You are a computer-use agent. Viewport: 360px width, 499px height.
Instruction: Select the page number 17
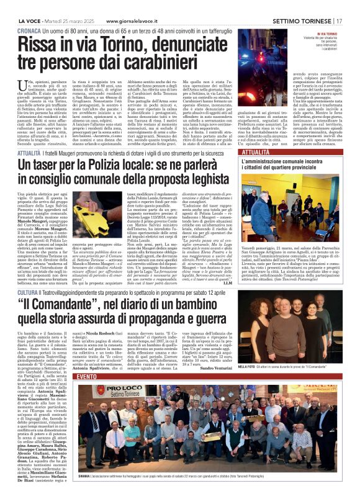click(353, 5)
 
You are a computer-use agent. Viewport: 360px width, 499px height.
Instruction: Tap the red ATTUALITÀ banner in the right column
click(256, 152)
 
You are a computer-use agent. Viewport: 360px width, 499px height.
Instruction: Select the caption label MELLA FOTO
click(246, 368)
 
